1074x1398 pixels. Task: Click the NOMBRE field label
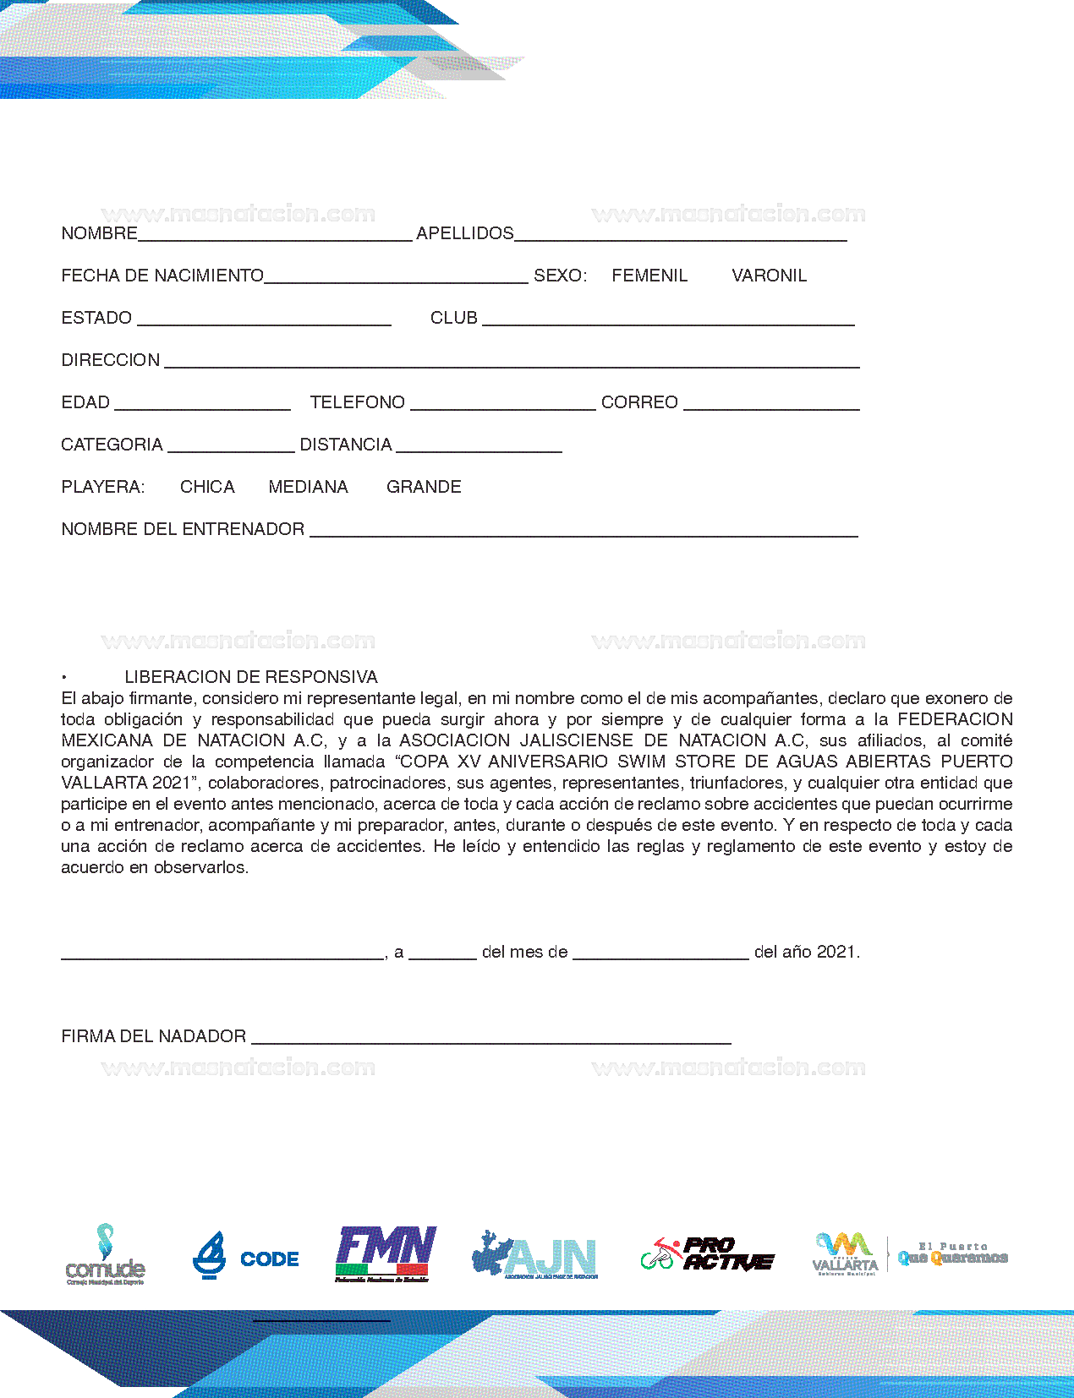point(99,233)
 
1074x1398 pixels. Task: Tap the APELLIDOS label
point(464,233)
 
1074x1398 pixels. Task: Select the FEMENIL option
point(649,276)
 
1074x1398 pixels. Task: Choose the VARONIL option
point(769,276)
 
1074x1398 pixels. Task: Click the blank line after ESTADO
point(264,321)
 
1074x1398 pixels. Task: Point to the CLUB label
point(454,318)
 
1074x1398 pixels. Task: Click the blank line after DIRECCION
point(512,363)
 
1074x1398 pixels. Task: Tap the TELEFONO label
point(357,402)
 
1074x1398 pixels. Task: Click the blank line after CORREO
point(771,406)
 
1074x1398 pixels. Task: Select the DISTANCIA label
point(346,445)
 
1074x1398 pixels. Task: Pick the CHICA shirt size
point(207,487)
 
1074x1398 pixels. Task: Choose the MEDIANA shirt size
point(308,487)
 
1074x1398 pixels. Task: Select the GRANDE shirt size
point(424,487)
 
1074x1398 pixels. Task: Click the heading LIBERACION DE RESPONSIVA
point(250,677)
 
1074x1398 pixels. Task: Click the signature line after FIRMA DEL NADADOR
point(490,1040)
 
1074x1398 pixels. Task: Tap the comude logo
point(105,1254)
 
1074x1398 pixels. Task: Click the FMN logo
point(386,1253)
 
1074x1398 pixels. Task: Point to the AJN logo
point(535,1255)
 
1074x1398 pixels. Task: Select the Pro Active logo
point(707,1253)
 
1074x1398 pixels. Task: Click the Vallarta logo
point(845,1253)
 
